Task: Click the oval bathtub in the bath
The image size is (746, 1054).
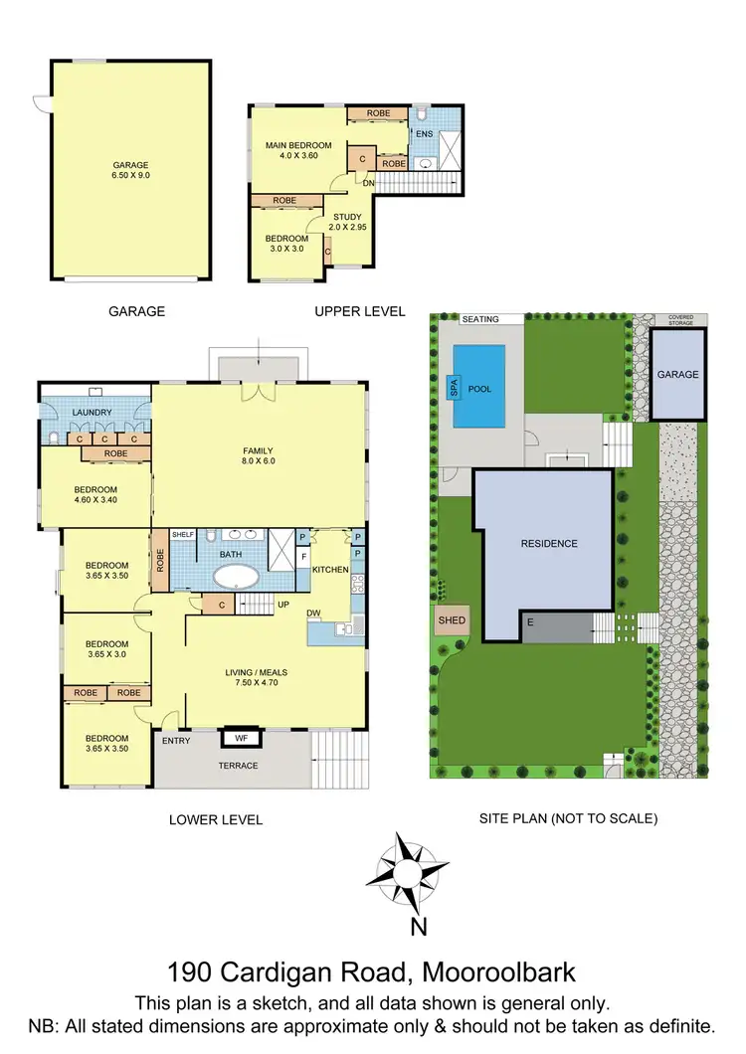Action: (x=235, y=577)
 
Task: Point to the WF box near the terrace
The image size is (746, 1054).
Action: (x=241, y=739)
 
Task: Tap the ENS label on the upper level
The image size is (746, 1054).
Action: (x=424, y=132)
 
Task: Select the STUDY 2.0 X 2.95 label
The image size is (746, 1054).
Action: (x=348, y=222)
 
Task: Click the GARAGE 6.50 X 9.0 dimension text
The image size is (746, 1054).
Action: (x=130, y=171)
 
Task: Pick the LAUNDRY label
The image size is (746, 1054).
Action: (x=92, y=412)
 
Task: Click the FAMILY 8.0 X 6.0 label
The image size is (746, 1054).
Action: (x=258, y=454)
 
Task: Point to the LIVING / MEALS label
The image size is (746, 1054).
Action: (x=258, y=673)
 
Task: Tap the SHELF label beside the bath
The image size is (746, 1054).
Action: (x=183, y=535)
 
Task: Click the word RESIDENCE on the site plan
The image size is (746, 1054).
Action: (x=549, y=544)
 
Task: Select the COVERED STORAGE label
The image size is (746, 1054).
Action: (x=681, y=320)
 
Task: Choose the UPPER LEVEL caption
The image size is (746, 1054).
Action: (x=359, y=311)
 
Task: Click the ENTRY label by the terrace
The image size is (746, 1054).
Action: (x=175, y=741)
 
